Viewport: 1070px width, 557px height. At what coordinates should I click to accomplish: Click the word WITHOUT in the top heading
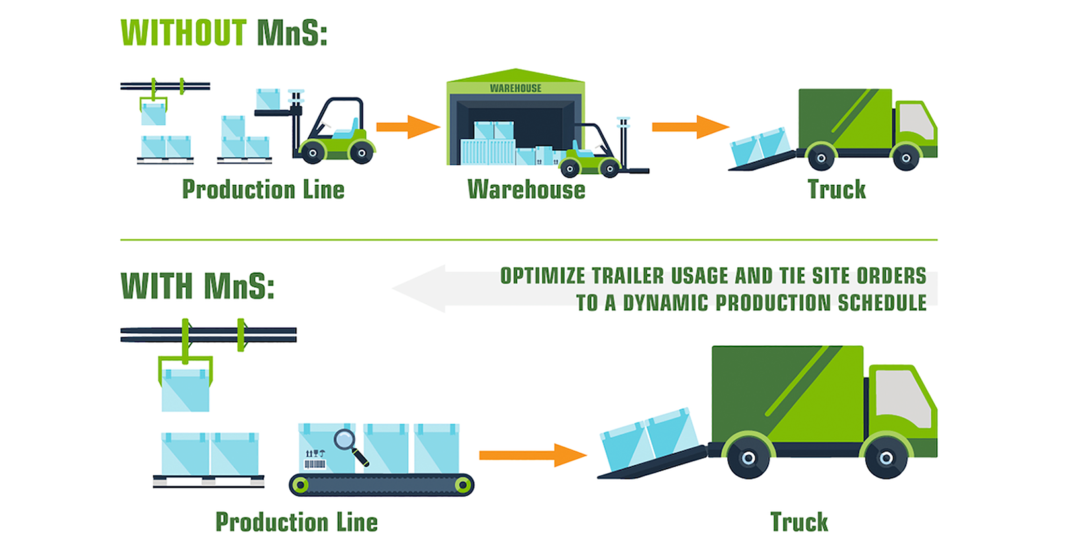coord(184,33)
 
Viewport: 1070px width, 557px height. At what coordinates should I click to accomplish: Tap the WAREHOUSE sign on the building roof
coord(515,88)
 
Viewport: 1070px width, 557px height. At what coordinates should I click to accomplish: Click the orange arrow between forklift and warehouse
coord(408,127)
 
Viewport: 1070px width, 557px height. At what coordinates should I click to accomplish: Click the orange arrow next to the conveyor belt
coord(532,455)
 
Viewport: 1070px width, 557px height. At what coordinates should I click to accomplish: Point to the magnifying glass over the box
coord(345,440)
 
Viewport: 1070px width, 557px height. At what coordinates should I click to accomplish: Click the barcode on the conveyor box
coord(314,464)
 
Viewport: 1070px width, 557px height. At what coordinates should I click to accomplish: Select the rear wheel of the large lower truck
coord(748,458)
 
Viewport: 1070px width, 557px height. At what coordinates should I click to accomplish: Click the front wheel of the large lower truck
coord(886,458)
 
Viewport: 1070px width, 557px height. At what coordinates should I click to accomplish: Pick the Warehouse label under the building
coord(526,190)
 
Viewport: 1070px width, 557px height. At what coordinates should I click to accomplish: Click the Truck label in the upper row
coord(836,190)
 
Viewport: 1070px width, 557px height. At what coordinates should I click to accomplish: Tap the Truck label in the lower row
coord(799,522)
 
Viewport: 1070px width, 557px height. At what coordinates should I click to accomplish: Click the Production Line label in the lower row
coord(297,522)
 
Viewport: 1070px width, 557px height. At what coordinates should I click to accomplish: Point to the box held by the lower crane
coord(186,390)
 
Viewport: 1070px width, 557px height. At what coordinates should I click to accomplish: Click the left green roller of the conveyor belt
coord(301,485)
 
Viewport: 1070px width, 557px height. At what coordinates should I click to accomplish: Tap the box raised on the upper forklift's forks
coord(268,99)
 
